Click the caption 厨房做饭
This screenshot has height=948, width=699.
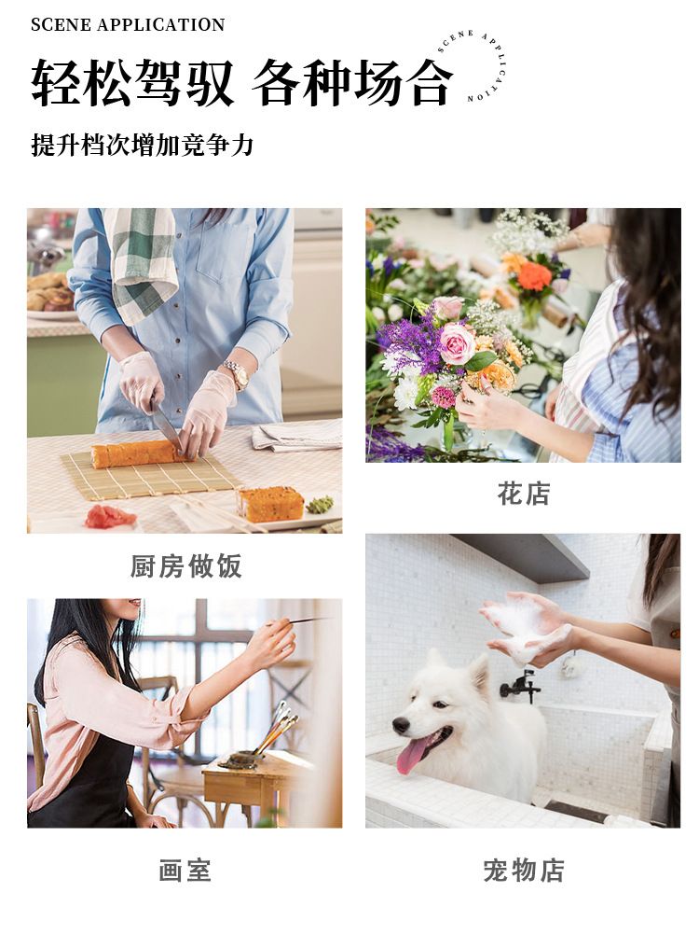(186, 566)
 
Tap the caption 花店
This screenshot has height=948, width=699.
(524, 494)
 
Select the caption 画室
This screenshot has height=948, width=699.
(185, 871)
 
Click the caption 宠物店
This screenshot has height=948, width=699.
(524, 871)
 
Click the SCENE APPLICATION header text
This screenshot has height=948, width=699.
(128, 25)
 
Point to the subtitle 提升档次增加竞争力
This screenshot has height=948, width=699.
(142, 146)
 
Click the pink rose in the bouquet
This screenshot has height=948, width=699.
(457, 342)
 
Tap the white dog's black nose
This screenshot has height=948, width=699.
(401, 724)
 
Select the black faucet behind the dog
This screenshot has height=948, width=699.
(520, 686)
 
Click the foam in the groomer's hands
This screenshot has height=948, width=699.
(526, 629)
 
